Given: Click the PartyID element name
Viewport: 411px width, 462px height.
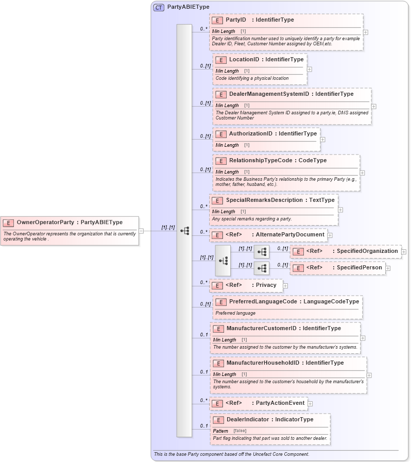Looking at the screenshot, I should pyautogui.click(x=236, y=20).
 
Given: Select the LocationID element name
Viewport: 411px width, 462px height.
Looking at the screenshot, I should pyautogui.click(x=244, y=60).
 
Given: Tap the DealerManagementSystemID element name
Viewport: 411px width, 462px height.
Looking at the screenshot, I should pyautogui.click(x=269, y=94).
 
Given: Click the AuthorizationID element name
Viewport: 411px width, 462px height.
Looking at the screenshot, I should pyautogui.click(x=250, y=134).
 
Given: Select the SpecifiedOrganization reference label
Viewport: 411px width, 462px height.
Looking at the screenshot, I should pyautogui.click(x=367, y=251).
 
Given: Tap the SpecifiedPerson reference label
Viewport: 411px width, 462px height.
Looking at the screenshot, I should pyautogui.click(x=359, y=268).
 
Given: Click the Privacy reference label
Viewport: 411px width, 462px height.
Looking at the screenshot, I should pyautogui.click(x=266, y=285).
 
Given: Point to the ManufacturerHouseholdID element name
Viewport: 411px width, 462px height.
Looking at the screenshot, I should pyautogui.click(x=263, y=363).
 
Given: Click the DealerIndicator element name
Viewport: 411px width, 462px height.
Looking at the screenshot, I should pyautogui.click(x=248, y=420).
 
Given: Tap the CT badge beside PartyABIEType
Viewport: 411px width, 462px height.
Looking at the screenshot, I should pyautogui.click(x=159, y=8).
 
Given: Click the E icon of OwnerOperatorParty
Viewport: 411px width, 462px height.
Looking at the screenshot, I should pyautogui.click(x=8, y=223).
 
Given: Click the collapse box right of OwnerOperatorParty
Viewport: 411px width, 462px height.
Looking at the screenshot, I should pyautogui.click(x=141, y=231).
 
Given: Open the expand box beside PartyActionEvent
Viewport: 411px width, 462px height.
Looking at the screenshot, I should pyautogui.click(x=310, y=403).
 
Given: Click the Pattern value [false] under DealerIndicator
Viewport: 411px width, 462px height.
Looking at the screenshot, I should pyautogui.click(x=239, y=431).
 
